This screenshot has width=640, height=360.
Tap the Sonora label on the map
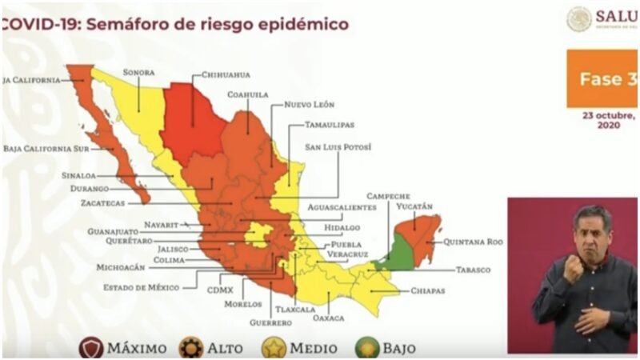(x=138, y=73)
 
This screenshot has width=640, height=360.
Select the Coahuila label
(x=247, y=94)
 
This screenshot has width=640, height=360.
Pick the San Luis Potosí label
(x=338, y=147)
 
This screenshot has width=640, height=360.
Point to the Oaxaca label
(x=329, y=318)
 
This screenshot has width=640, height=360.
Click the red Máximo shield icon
(x=91, y=348)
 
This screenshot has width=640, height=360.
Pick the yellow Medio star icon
(x=274, y=348)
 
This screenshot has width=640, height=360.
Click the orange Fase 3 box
(x=602, y=79)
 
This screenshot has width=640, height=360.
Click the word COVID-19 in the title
(x=36, y=25)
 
